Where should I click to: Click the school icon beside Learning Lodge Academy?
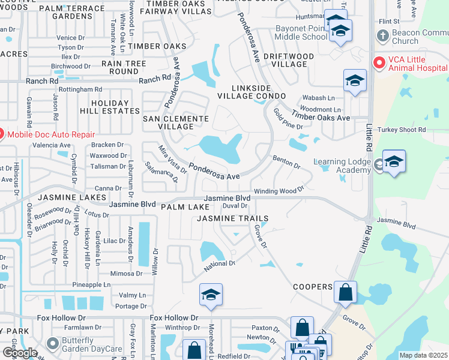pyautogui.click(x=394, y=162)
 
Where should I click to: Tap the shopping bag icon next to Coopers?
pyautogui.click(x=345, y=293)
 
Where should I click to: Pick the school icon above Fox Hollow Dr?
pyautogui.click(x=211, y=295)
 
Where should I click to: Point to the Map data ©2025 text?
pyautogui.click(x=423, y=355)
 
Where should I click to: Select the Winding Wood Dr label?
pyautogui.click(x=279, y=191)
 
